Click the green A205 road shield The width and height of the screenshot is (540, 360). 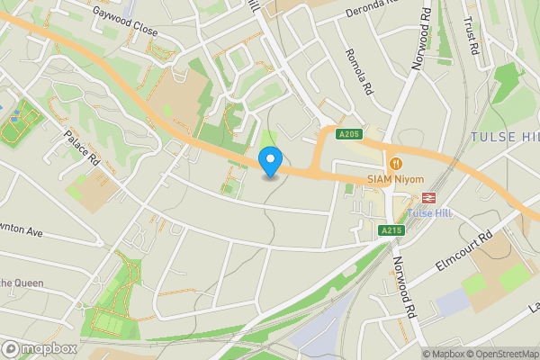(349, 135)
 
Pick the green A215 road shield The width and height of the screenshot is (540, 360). (391, 230)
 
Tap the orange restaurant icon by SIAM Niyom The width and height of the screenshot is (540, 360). (395, 164)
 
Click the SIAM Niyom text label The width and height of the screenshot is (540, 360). (395, 179)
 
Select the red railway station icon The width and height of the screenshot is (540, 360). (428, 198)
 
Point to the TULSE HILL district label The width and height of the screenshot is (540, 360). (504, 137)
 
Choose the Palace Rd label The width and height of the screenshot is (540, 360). (81, 148)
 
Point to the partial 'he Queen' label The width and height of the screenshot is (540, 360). (22, 283)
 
